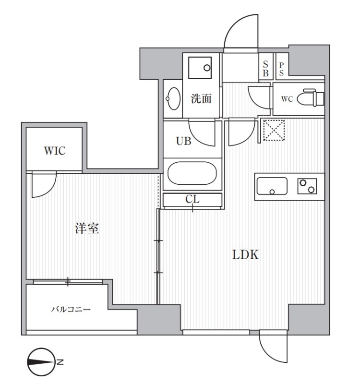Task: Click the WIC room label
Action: (x=55, y=151)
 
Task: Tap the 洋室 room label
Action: (x=87, y=228)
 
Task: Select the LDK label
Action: (x=246, y=255)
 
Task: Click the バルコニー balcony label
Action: (x=71, y=310)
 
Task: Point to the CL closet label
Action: (x=192, y=199)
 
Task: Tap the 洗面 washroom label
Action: (x=201, y=99)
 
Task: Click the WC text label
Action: (x=287, y=99)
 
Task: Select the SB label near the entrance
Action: (x=265, y=69)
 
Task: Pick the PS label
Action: (x=282, y=69)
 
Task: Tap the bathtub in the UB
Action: (x=192, y=174)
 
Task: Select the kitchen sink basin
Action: (x=272, y=186)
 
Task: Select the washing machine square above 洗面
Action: (x=200, y=68)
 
